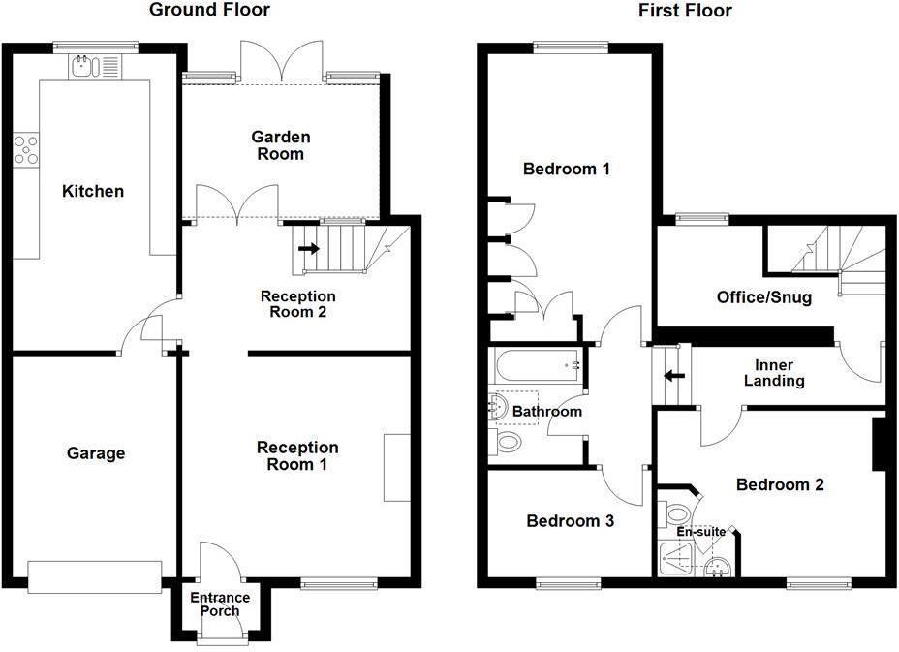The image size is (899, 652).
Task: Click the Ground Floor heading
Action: pos(208,11)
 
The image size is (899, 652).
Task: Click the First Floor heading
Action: pos(685,11)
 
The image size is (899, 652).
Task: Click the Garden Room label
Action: pos(278,145)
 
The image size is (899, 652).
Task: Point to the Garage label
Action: pos(96,452)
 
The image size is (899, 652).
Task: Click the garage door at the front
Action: pos(95,575)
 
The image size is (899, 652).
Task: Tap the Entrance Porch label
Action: pos(219,604)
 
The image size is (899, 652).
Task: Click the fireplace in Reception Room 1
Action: pos(396,468)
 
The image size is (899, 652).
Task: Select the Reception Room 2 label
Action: pos(297,304)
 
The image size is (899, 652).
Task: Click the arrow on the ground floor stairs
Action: pos(309,248)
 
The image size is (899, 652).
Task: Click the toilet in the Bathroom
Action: pos(508,442)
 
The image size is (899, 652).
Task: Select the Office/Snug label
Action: pos(763,297)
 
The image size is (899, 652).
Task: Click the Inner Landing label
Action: pos(774,373)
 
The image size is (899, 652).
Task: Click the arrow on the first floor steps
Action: pos(669,376)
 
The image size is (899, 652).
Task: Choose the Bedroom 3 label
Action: pos(570,521)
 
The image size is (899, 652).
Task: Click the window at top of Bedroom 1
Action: pos(571,46)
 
